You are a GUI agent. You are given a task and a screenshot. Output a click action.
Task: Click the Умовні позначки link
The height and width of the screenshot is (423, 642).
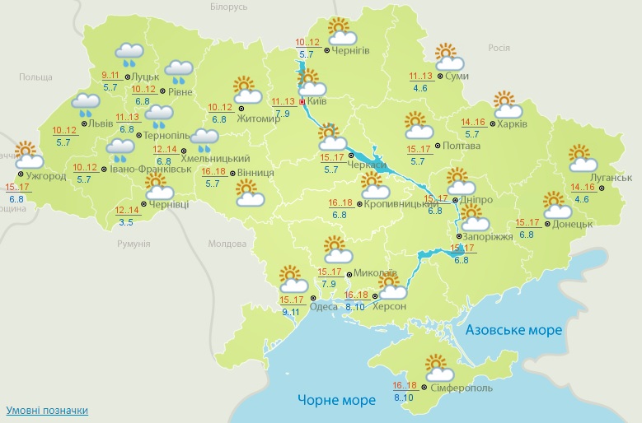pyautogui.click(x=47, y=410)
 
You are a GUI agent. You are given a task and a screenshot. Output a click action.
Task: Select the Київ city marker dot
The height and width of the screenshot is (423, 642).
pyautogui.click(x=302, y=102)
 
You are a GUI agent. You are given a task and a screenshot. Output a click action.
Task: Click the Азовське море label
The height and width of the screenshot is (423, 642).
pyautogui.click(x=513, y=330)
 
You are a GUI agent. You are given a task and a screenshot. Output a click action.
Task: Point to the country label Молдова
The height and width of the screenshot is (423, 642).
pyautogui.click(x=227, y=244)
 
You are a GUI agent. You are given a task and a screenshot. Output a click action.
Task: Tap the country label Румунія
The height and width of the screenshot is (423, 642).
pyautogui.click(x=133, y=244)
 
